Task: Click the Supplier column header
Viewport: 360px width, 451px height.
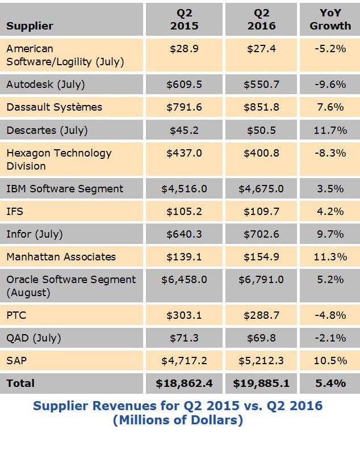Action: pos(30,26)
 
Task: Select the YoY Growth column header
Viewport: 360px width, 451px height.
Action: pos(330,19)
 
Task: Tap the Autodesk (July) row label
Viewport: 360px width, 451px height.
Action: pos(45,85)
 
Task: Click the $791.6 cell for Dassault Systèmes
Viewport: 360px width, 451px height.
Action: pos(184,107)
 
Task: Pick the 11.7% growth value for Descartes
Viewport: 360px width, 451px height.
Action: pos(330,130)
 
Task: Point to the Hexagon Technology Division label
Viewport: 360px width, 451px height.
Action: pos(58,159)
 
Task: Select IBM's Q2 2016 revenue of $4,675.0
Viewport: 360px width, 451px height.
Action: pos(261,189)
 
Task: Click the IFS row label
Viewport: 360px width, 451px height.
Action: pos(15,212)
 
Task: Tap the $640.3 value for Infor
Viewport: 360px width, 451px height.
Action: pos(184,234)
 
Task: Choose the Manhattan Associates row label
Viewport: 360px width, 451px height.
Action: pos(61,257)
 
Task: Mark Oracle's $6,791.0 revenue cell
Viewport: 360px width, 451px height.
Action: pos(261,280)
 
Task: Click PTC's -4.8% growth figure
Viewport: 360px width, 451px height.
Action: pos(330,315)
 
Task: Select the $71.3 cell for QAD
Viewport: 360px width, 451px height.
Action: pos(184,338)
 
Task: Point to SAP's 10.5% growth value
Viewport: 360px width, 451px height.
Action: pos(330,361)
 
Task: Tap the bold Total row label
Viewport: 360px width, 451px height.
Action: pos(20,383)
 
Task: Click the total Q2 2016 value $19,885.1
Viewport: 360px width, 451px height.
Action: pos(261,383)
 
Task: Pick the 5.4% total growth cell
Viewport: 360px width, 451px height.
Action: pos(330,383)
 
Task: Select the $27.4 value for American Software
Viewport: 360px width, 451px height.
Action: pos(261,49)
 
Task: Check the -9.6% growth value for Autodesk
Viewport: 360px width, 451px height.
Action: pos(330,85)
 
